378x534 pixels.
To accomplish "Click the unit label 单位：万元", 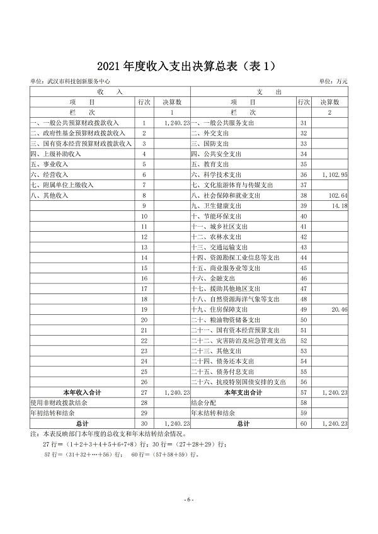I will click(333, 82).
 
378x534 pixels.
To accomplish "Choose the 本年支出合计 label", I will click(243, 392).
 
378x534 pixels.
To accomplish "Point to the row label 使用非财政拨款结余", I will click(58, 402).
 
